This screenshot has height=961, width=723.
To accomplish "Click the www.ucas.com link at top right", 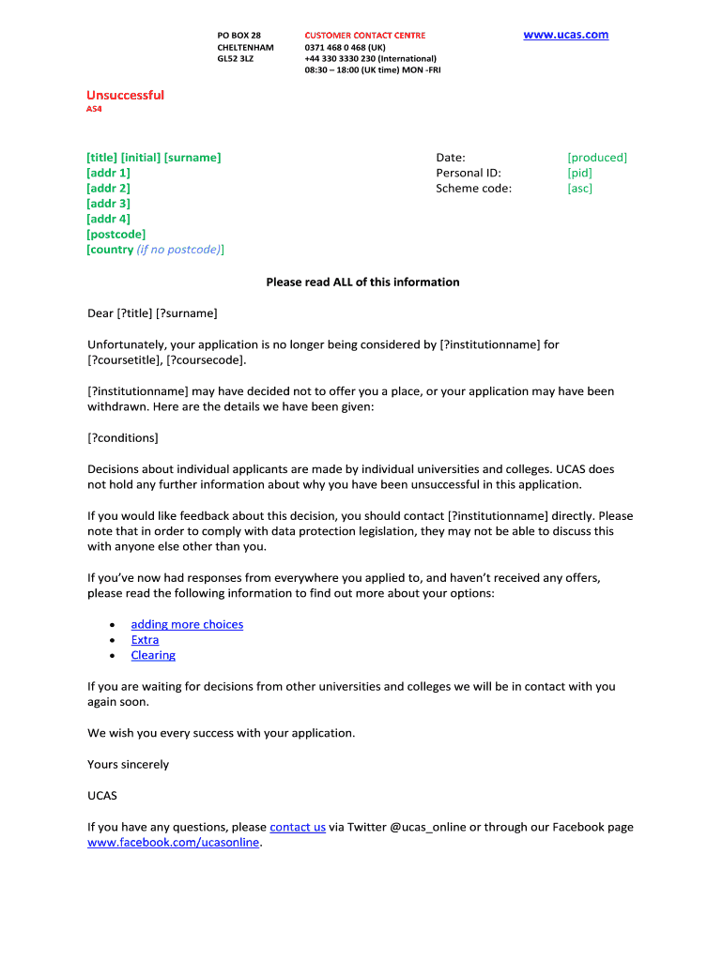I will (565, 35).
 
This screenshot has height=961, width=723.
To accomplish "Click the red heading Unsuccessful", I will (125, 95).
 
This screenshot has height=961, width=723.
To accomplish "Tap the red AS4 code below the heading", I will (94, 109).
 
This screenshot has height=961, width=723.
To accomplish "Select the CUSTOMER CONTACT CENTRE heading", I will (364, 36).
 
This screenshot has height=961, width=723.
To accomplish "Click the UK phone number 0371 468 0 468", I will (345, 47).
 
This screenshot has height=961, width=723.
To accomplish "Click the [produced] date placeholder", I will (596, 158).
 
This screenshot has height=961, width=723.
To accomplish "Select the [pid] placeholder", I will (579, 173).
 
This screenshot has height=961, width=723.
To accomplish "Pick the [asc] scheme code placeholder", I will (579, 189).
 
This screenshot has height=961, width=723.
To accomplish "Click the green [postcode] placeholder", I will (115, 235).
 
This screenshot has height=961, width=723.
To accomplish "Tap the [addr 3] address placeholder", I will (108, 204).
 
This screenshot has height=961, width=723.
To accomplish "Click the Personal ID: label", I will (468, 173).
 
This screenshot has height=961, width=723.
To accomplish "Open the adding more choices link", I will (187, 624).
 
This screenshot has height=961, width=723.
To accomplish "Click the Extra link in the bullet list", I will (145, 640).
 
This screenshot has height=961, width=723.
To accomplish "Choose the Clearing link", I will (153, 655).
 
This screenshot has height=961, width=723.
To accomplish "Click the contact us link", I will (297, 827).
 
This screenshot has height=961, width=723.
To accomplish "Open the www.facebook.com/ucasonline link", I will (173, 843).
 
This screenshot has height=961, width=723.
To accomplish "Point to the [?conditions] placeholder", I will (122, 438).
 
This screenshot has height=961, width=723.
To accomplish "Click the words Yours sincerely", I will (128, 764).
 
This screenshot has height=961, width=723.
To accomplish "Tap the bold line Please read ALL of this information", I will (362, 282).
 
